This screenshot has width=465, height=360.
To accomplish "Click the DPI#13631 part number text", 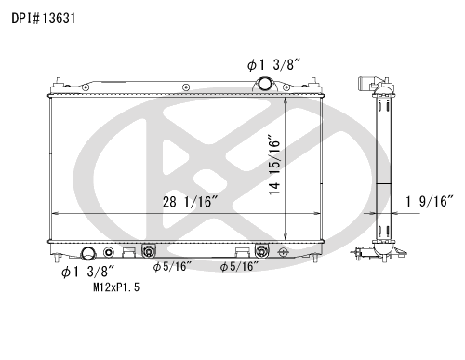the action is click(x=44, y=19).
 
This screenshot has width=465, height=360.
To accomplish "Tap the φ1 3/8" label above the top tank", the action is click(x=273, y=65).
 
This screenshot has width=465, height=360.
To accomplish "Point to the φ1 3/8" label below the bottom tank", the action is click(x=88, y=272).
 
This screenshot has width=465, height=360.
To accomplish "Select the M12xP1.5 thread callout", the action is click(x=116, y=287).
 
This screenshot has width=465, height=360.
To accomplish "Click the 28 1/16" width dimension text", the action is click(x=191, y=202).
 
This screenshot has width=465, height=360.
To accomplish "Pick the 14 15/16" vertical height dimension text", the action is click(x=274, y=165).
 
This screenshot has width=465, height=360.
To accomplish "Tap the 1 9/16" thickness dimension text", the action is click(x=430, y=202).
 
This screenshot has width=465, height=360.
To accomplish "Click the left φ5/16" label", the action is click(x=173, y=266).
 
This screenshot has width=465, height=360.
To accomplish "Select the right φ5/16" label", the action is click(x=239, y=266).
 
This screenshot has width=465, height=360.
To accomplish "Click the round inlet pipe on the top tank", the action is click(x=265, y=84).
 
